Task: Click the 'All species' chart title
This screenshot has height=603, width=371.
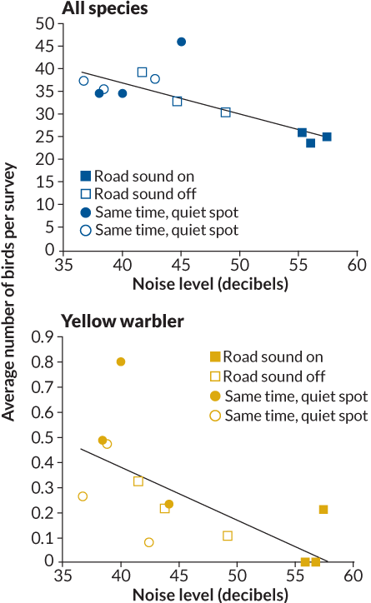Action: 104,10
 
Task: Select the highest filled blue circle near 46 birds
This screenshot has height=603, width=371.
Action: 181,42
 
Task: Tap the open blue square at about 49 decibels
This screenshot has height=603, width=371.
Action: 225,112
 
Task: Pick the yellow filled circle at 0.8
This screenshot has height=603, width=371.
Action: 121,362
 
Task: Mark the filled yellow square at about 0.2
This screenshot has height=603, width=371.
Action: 323,509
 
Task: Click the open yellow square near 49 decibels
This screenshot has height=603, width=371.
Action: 228,536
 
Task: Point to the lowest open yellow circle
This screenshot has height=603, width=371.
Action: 149,542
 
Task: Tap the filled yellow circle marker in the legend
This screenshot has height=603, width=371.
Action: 215,395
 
